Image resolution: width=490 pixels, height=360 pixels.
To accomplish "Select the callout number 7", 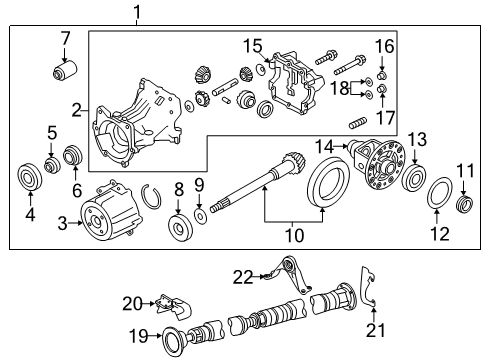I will point(65,39).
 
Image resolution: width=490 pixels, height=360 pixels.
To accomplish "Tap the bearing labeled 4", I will point(30,181).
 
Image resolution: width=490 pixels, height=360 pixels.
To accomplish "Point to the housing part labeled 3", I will point(111,211).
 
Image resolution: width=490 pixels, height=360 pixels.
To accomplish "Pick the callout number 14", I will point(324,146).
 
